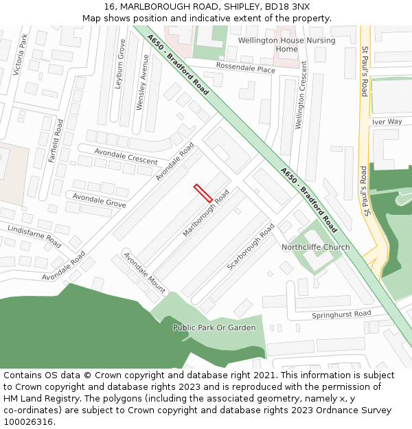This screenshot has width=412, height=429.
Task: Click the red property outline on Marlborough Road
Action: point(203,193)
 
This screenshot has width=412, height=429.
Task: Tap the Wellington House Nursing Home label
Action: point(286,45)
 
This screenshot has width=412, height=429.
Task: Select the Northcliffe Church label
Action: point(315,247)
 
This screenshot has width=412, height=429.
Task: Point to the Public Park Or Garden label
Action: point(214,327)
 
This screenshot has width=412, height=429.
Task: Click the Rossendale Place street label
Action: point(245,69)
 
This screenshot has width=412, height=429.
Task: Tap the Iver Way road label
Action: point(387,121)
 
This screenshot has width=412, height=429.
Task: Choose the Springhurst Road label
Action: point(341,314)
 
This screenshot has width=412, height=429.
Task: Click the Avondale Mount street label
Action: point(144,273)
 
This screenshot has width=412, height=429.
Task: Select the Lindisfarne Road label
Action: point(34,235)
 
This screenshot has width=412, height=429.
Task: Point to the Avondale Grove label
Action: point(100,200)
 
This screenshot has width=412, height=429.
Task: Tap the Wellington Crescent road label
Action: point(300,104)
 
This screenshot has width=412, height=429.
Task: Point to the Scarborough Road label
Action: point(251,246)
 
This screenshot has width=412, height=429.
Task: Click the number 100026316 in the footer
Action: point(28,422)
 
